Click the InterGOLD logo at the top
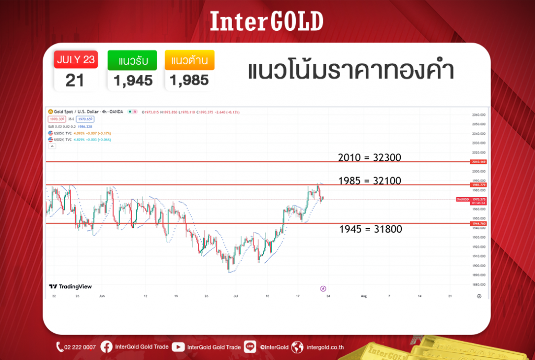(x=266, y=21)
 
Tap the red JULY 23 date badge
(x=76, y=60)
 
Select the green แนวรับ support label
(x=131, y=61)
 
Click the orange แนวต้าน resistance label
(x=189, y=61)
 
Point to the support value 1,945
(x=131, y=80)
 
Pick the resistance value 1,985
(x=189, y=80)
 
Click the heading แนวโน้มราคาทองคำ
(x=350, y=72)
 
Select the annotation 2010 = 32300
(x=369, y=157)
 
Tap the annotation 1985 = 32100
(x=369, y=181)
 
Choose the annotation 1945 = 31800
(x=370, y=229)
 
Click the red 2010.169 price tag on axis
(x=479, y=162)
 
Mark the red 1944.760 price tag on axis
(x=479, y=223)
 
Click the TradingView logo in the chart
(x=63, y=286)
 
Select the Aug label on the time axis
(x=364, y=296)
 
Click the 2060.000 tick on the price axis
(x=479, y=114)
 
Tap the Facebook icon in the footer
(x=106, y=347)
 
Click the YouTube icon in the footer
(x=178, y=347)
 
